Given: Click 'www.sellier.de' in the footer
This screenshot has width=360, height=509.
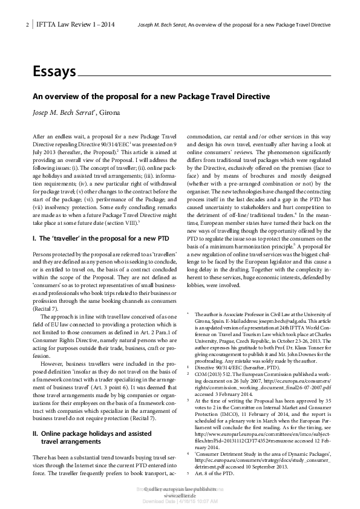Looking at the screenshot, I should click(x=180, y=495).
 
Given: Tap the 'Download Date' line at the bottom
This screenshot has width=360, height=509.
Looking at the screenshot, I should click(x=180, y=502).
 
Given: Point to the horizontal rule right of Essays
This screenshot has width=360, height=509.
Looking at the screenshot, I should click(x=206, y=74).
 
